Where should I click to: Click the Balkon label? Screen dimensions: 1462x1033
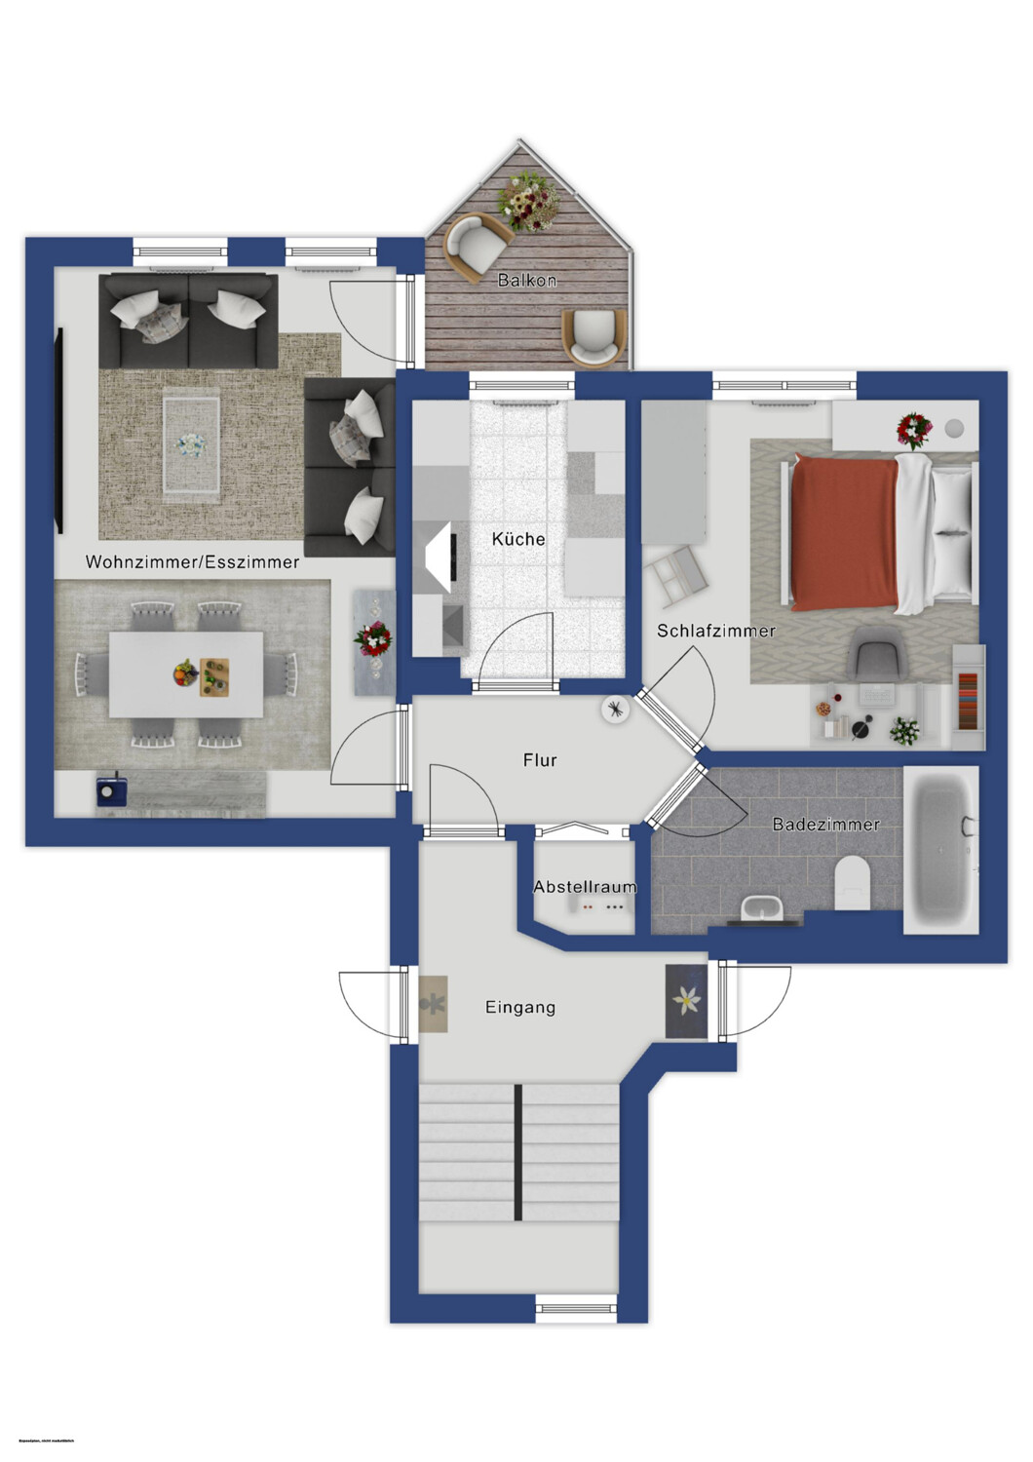click(526, 281)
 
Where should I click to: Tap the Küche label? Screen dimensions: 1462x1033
click(518, 539)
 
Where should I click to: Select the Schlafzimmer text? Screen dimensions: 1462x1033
click(716, 631)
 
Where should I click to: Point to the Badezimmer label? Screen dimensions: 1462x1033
click(825, 825)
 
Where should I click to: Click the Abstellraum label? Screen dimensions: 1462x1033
click(585, 887)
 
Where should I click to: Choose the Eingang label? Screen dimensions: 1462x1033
click(520, 1008)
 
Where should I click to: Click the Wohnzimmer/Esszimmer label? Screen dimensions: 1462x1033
click(192, 562)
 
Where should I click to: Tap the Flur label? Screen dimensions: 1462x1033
click(540, 760)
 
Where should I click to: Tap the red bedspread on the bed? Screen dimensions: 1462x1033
click(844, 530)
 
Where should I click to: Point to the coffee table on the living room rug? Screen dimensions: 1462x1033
click(191, 444)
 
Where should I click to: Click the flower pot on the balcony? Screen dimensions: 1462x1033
click(528, 201)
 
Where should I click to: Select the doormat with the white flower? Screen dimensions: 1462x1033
click(686, 1001)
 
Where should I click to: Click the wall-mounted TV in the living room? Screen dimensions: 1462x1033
click(60, 431)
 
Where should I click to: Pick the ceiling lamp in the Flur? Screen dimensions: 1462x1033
click(615, 710)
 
